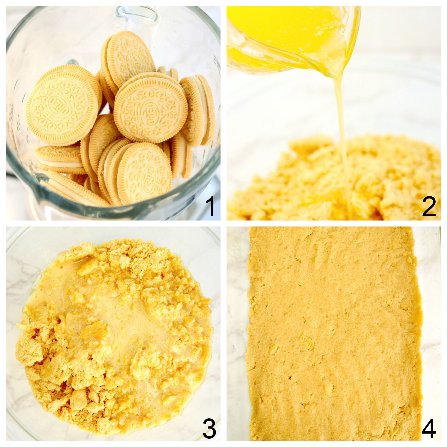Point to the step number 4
pos(429,429)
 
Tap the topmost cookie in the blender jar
pos(129,60)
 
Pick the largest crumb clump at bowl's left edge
pos(30,352)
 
